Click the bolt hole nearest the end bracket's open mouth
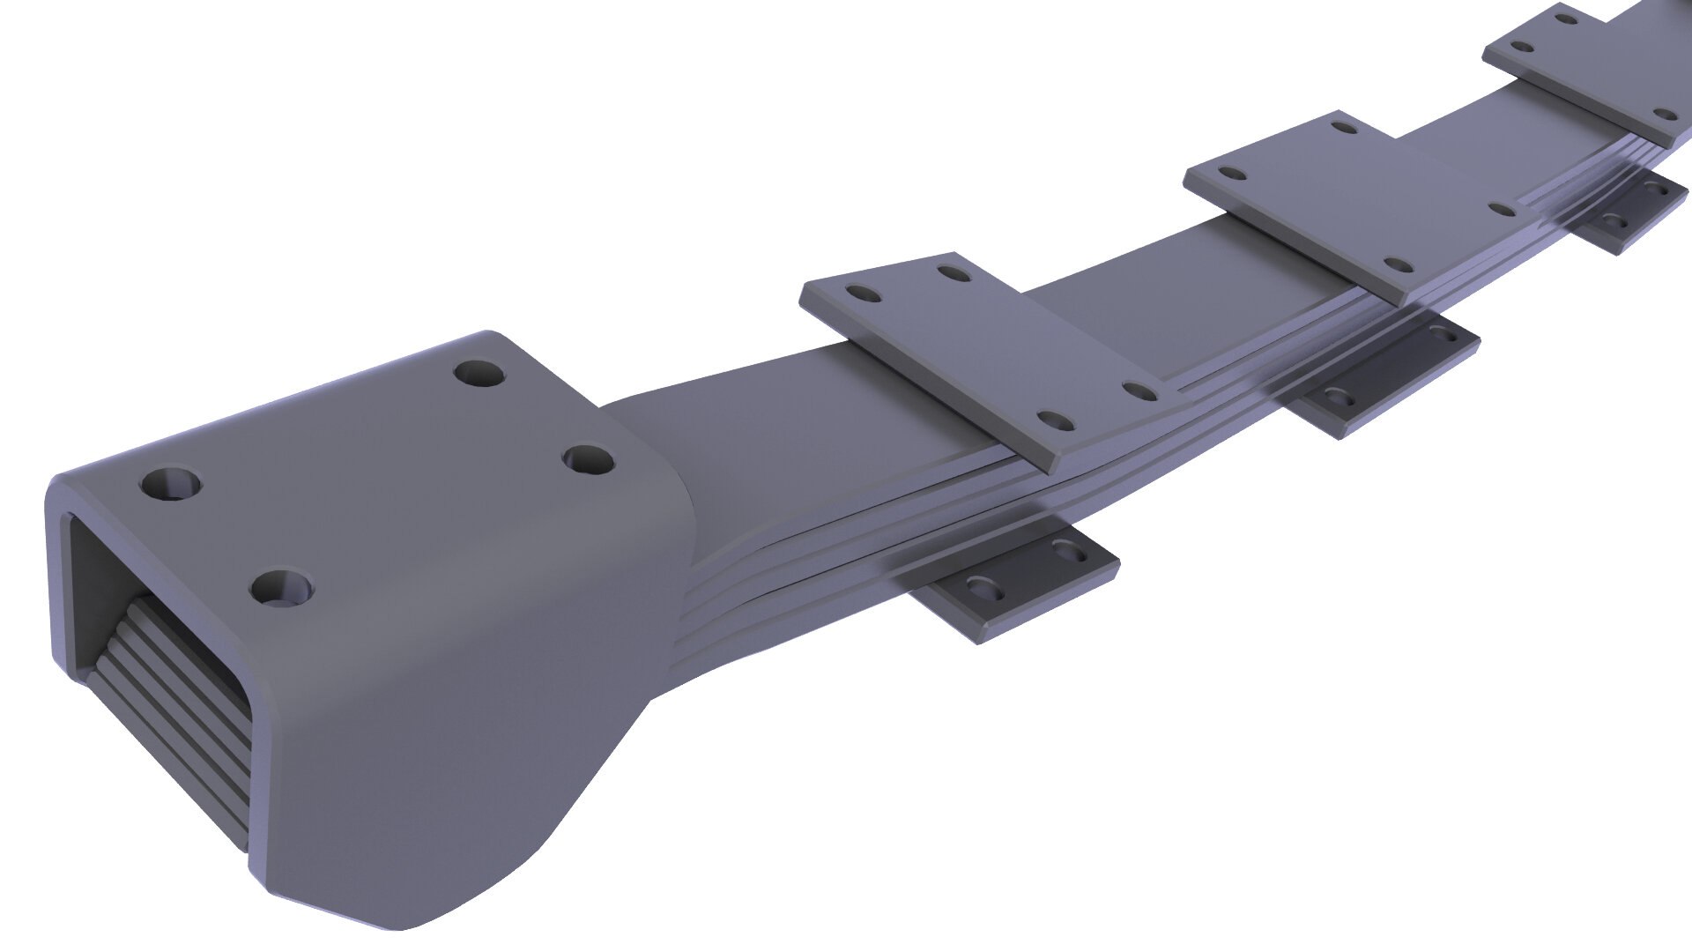pos(170,484)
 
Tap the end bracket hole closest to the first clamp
pos(588,459)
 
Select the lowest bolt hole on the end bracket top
pos(282,588)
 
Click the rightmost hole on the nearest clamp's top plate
pos(1142,391)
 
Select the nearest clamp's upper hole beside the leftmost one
pos(952,272)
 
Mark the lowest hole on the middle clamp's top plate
pos(1397,264)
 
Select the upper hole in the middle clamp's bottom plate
pos(1440,333)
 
